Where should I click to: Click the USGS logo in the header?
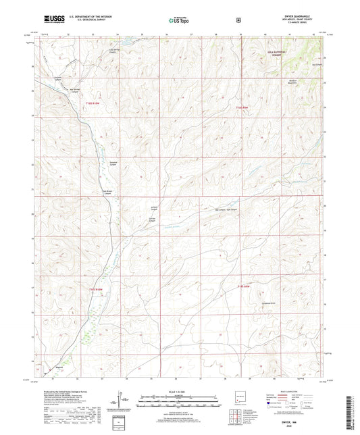click(x=56, y=20)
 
